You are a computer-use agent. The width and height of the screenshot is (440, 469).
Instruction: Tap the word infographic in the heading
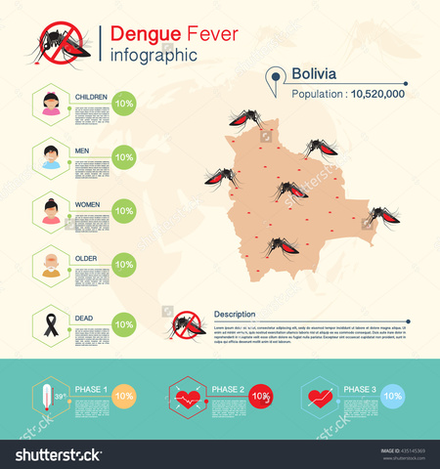[155, 55]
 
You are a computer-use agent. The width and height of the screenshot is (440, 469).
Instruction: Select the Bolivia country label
[313, 74]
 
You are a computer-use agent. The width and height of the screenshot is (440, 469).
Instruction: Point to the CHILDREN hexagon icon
[51, 104]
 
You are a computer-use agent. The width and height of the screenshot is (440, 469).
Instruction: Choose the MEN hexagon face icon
[51, 157]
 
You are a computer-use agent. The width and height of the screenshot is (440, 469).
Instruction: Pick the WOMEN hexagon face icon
[51, 211]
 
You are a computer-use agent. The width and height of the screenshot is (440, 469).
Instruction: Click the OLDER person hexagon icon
[51, 265]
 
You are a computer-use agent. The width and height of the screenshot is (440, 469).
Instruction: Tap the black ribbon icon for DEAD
[51, 323]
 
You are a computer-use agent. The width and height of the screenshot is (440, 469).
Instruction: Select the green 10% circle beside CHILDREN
[124, 103]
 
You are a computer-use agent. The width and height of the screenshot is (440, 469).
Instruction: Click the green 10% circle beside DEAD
[124, 323]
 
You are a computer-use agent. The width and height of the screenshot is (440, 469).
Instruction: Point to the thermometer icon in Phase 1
[46, 398]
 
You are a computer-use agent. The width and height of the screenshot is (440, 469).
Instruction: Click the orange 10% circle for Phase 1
[124, 396]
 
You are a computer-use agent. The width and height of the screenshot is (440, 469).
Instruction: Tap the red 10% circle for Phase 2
[259, 396]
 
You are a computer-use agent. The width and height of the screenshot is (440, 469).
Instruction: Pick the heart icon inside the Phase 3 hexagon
[320, 397]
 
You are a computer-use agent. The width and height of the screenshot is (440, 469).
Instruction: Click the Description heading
[235, 314]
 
